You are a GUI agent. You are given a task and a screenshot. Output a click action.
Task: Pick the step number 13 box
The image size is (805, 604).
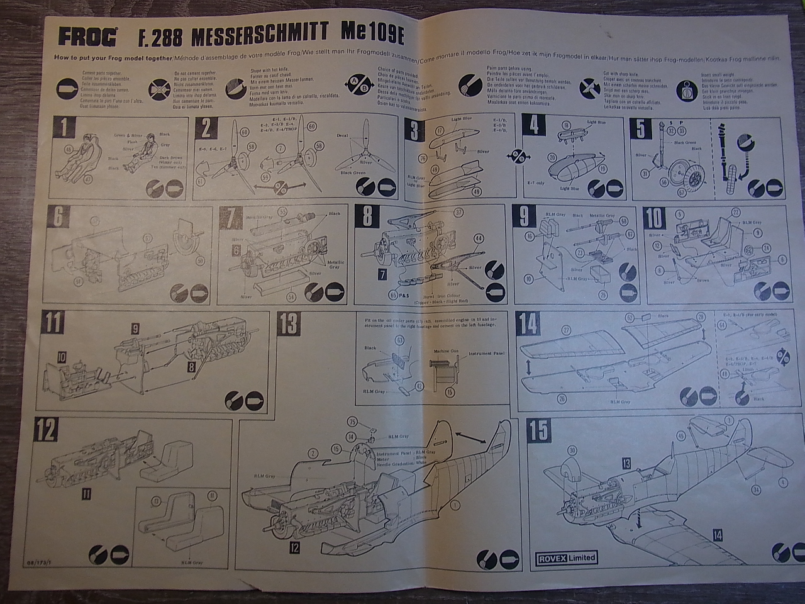coord(290,325)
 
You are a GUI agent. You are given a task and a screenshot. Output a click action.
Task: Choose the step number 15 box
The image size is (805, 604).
coord(539,430)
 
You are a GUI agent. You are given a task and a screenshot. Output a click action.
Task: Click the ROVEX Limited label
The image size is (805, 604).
coord(566,557)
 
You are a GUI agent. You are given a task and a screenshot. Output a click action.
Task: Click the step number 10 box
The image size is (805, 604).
coord(655,218)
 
